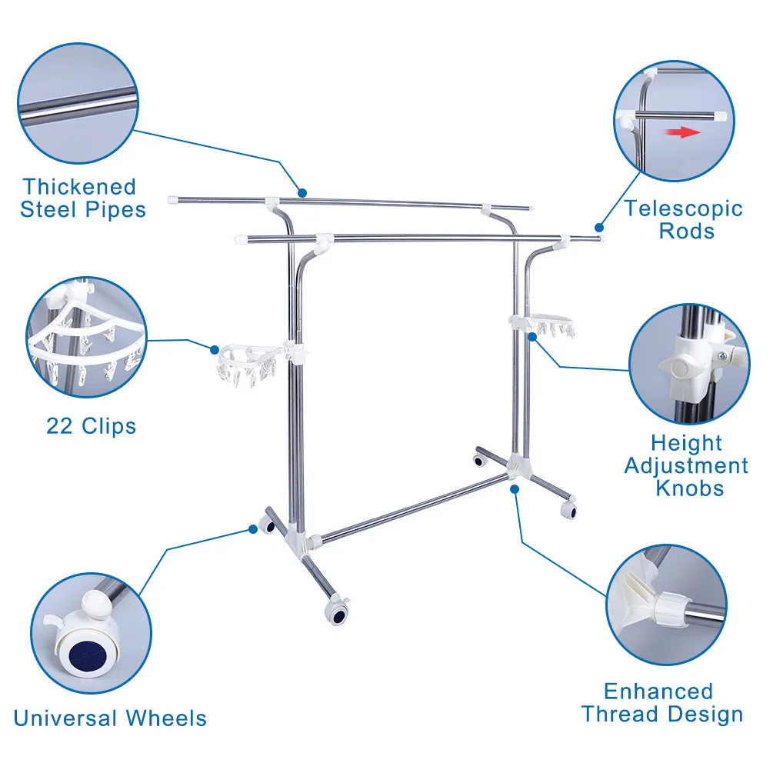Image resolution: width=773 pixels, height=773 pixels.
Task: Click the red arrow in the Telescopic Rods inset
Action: (x=683, y=132)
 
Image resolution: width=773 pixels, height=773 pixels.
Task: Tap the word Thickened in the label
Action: (x=79, y=187)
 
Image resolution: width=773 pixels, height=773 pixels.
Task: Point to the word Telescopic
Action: (x=683, y=208)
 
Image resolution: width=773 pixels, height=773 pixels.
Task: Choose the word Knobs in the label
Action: (x=689, y=488)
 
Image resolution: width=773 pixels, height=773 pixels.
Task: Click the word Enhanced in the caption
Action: (x=658, y=691)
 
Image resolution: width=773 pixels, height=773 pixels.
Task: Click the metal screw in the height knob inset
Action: (x=723, y=355)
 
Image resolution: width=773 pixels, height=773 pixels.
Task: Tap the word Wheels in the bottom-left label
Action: (x=166, y=719)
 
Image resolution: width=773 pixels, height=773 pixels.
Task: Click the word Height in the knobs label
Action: (x=686, y=443)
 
